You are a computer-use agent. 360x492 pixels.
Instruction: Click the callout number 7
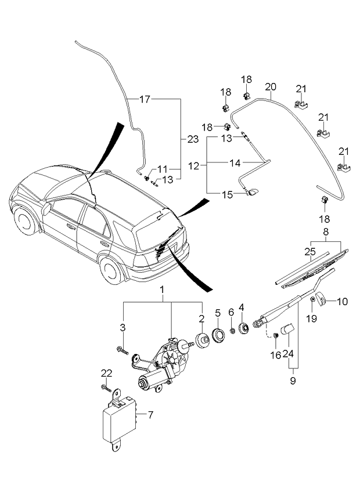point(150,415)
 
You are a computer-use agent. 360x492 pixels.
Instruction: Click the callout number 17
point(145,100)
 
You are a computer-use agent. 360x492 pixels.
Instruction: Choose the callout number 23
point(193,139)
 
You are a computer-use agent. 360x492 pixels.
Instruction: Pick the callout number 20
point(270,86)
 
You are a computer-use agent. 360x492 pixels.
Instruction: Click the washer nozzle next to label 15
point(254,193)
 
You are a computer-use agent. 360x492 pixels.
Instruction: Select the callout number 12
point(194,166)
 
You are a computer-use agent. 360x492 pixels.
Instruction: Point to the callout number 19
point(312,318)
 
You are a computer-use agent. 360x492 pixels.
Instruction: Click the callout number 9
point(293,381)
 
